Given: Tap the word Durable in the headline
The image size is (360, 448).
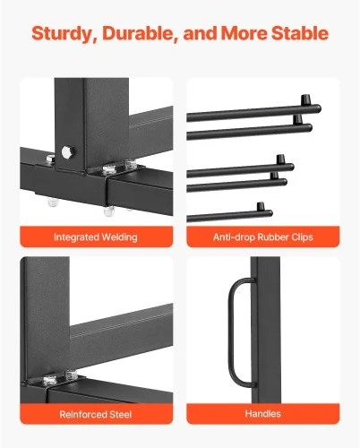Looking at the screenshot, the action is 138,33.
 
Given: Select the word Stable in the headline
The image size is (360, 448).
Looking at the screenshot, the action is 300,33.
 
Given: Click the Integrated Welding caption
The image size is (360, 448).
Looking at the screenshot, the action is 96,237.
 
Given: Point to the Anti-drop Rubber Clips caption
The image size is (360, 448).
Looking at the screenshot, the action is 263,237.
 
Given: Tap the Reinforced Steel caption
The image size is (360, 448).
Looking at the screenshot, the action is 96,414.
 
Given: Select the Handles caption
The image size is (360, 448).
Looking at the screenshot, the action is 263,414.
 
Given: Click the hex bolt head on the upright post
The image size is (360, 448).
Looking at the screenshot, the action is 68,152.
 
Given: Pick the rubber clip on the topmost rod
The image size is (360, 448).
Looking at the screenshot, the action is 305,99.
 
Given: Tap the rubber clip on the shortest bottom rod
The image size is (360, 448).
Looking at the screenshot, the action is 261,206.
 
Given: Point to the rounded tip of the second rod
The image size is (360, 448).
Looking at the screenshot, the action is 310,128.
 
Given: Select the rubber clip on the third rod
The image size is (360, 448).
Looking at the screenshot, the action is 280,159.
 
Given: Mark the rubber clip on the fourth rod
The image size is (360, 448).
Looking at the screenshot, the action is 274,176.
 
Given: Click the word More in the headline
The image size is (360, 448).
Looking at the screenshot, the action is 244,33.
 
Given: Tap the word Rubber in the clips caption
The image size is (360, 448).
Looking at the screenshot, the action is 273,237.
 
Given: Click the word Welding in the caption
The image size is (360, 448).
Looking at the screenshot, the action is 119,237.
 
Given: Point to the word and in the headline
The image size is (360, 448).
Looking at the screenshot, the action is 200,33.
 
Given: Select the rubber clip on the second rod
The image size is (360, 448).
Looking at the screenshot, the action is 297,119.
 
